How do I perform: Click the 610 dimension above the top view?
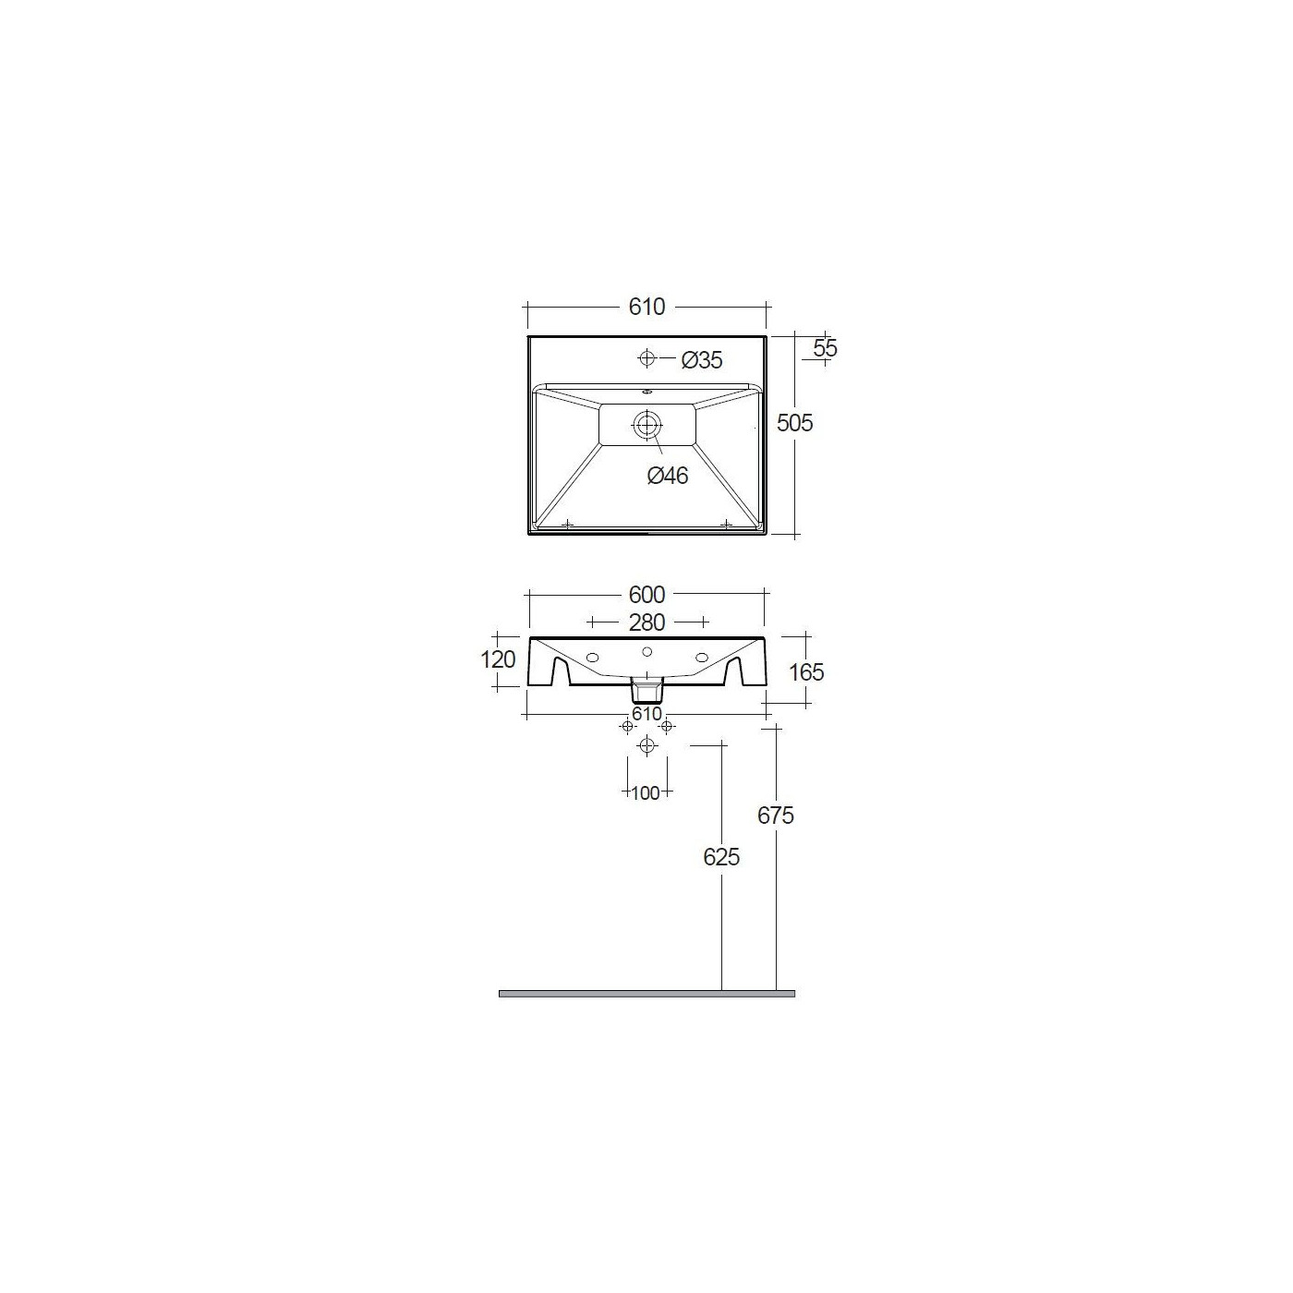click(646, 307)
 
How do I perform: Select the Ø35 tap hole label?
click(701, 360)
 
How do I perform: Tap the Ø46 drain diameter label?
click(668, 475)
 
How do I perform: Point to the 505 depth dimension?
click(794, 423)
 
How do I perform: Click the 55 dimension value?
click(826, 348)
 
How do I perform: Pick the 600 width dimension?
click(646, 595)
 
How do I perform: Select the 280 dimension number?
click(646, 622)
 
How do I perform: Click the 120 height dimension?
click(498, 659)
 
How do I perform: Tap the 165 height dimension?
click(806, 671)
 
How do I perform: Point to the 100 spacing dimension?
click(646, 793)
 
